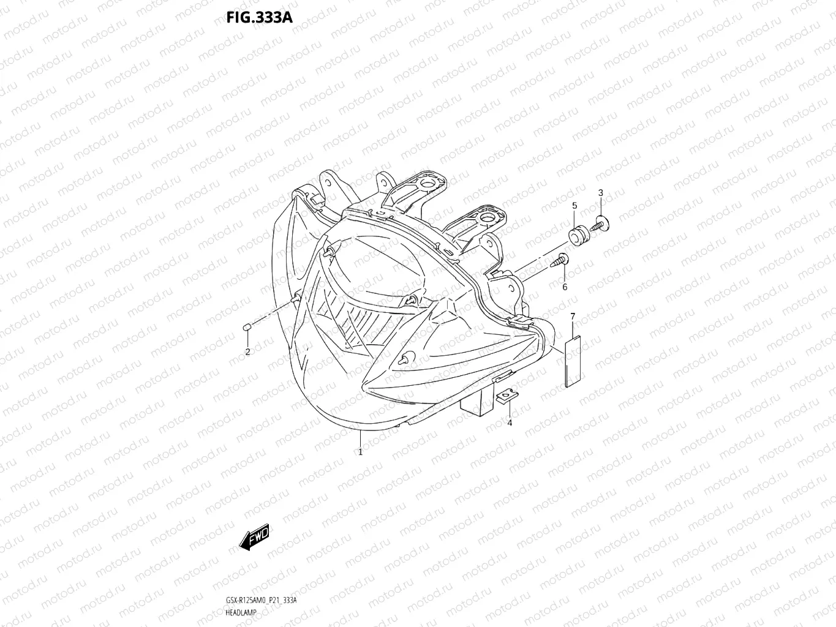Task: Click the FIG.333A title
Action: point(259,17)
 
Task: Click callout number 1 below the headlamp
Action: point(360,452)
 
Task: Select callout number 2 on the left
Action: point(247,351)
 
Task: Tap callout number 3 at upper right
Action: point(600,193)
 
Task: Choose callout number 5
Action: point(574,205)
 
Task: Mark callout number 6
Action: point(564,287)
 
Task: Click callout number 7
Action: point(573,316)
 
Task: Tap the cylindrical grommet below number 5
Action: point(576,235)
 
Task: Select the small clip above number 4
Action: point(506,398)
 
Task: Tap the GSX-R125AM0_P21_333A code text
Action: point(261,601)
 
